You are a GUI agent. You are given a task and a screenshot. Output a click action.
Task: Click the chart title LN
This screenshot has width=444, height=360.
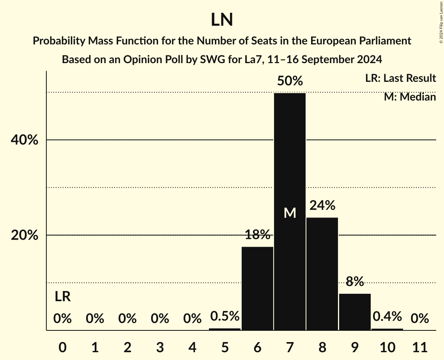(222, 20)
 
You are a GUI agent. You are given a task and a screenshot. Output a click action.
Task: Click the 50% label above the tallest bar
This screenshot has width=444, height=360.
(290, 81)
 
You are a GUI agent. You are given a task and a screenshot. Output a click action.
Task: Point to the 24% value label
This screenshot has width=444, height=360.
(322, 205)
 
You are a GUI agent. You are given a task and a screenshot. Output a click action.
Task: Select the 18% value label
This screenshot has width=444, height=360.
(257, 235)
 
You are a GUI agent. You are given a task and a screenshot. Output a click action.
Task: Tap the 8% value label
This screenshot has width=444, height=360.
(355, 281)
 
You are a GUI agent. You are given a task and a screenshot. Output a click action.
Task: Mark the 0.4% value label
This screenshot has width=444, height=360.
(387, 317)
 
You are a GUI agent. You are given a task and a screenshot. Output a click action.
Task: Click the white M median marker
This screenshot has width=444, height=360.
(290, 213)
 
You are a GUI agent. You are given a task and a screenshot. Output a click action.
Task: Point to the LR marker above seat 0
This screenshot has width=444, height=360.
(62, 297)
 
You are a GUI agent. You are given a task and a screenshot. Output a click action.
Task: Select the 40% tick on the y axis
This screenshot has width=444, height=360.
(24, 140)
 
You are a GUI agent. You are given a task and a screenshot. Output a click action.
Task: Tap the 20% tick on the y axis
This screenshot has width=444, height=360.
(24, 235)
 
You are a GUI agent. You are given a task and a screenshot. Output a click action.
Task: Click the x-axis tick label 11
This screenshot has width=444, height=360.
(419, 346)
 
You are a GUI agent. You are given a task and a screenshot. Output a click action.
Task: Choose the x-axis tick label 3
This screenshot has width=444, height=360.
(160, 346)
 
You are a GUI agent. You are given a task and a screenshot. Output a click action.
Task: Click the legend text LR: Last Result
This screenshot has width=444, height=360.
(400, 78)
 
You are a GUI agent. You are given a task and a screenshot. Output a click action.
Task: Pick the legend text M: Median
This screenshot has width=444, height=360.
(410, 97)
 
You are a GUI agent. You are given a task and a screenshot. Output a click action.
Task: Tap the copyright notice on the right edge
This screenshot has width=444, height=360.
(441, 22)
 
